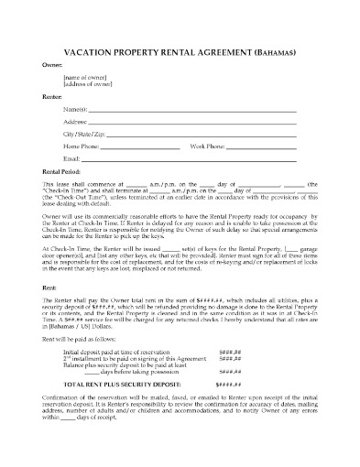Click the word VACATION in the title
[95, 53]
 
